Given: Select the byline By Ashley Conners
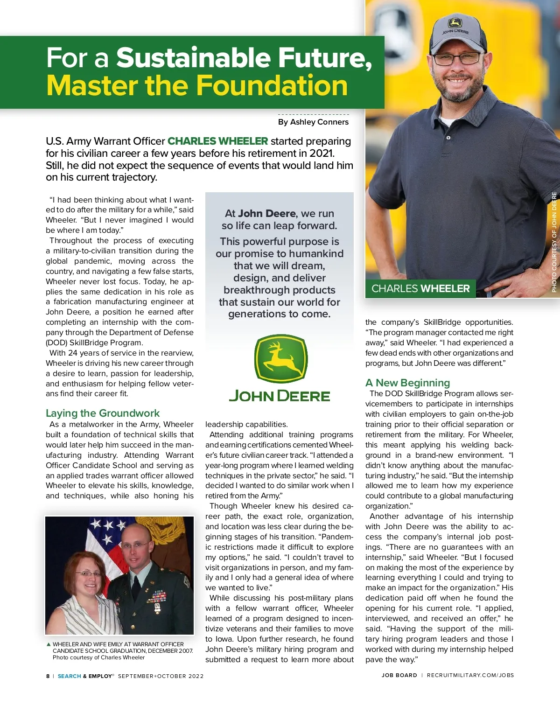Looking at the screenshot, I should point(313,122).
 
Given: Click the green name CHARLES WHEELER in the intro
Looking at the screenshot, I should point(217,141).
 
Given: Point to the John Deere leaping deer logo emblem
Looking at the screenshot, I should point(280,358).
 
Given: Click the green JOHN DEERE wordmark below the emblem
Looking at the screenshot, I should point(280,396).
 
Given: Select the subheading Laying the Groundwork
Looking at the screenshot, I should point(103,413).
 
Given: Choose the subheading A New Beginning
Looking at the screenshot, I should point(407,383).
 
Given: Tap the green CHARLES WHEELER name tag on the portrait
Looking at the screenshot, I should point(420,288).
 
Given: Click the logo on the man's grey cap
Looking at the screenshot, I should point(455,23).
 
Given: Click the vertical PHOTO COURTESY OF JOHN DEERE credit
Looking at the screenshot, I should point(554,242).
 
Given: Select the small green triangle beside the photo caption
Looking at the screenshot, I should point(49,644).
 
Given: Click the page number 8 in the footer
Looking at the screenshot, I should point(48,676).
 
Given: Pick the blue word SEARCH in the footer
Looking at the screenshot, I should point(69,676).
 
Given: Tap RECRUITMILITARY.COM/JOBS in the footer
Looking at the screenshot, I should point(470,675).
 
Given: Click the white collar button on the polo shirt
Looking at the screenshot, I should point(448,138).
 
